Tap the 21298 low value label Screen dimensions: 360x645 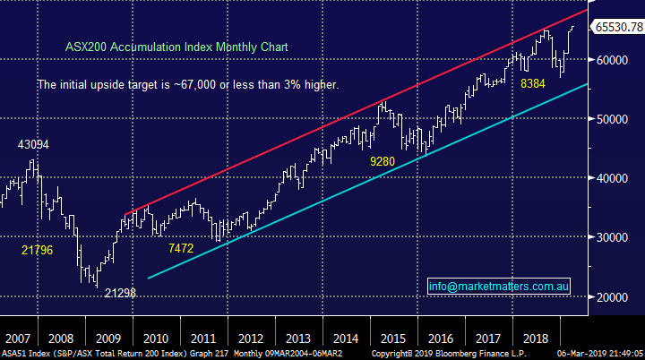pyautogui.click(x=119, y=293)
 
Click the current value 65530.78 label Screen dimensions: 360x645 pyautogui.click(x=619, y=28)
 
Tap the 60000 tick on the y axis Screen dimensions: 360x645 pyautogui.click(x=612, y=60)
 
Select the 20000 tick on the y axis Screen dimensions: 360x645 pyautogui.click(x=612, y=296)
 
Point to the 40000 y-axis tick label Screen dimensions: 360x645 pyautogui.click(x=612, y=178)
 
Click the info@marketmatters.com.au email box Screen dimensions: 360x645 pyautogui.click(x=499, y=287)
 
